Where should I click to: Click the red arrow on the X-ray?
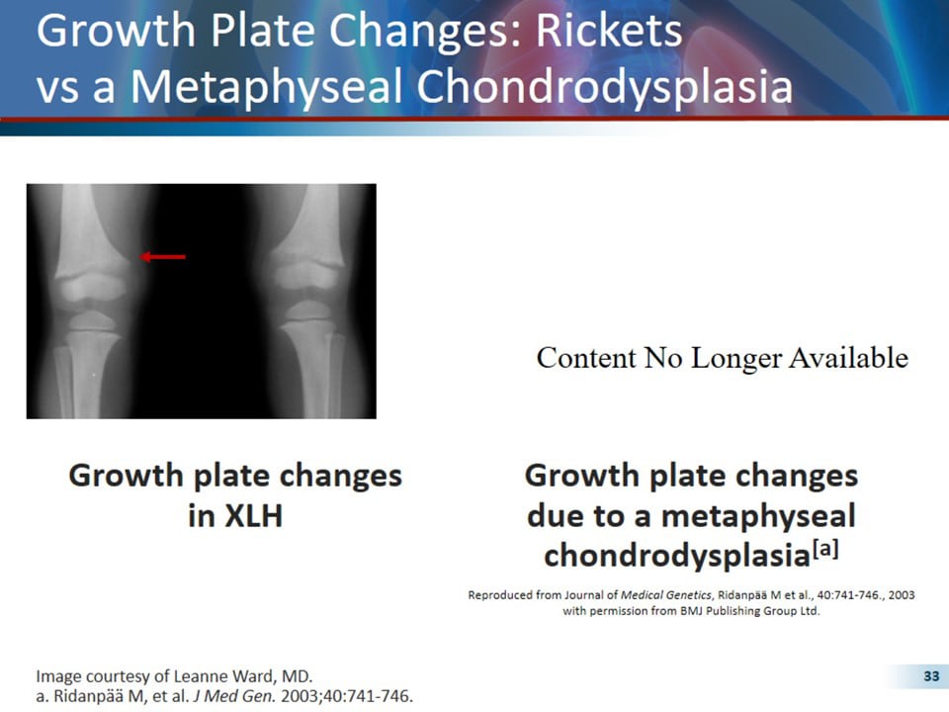pos(163,257)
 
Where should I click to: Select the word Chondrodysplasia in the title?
pos(606,87)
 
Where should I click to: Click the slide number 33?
pos(930,676)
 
